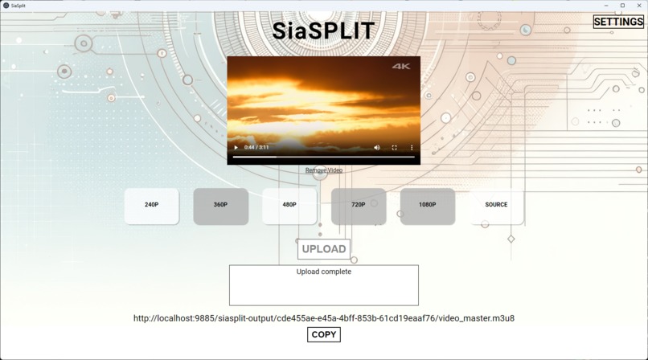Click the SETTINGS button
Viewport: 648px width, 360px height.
pos(617,22)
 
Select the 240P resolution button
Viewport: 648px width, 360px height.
pos(151,205)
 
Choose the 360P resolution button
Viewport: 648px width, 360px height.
pos(220,205)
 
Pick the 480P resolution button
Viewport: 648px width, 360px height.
pos(289,205)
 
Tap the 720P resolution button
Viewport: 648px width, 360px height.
pos(359,205)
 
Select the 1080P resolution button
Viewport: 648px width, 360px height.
pos(427,205)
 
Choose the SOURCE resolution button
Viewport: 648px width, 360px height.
pos(496,205)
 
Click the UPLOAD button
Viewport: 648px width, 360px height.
pos(324,249)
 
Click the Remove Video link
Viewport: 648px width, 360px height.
pos(324,170)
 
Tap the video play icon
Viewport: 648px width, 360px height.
pos(236,148)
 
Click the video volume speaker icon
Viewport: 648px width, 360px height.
pos(377,148)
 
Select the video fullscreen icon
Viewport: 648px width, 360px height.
pos(395,148)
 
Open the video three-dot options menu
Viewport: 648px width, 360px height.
pos(412,148)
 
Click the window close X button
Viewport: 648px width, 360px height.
pos(639,6)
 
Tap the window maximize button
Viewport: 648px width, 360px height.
pos(622,6)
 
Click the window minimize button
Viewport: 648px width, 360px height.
pos(605,6)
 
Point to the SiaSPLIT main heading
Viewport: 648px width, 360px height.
pos(323,31)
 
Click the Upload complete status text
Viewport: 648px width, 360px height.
pos(324,272)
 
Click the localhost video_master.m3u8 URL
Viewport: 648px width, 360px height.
pos(324,318)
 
